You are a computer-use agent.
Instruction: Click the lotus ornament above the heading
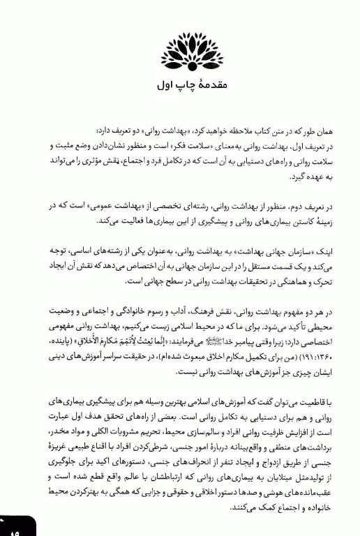click(x=182, y=50)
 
